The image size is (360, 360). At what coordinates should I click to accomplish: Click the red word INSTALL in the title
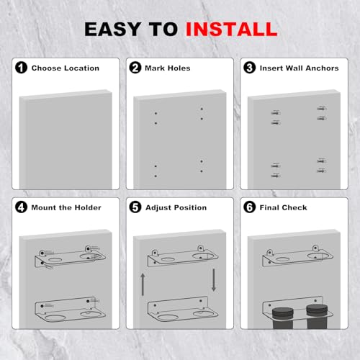[x=232, y=30]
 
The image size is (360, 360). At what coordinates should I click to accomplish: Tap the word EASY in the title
[x=113, y=30]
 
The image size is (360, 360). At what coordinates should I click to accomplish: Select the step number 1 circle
[x=21, y=68]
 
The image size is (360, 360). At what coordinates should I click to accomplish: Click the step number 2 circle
[x=135, y=68]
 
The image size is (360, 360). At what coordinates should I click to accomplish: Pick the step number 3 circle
[x=250, y=68]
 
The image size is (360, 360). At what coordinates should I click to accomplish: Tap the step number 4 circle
[x=21, y=207]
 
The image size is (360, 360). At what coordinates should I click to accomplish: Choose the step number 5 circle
[x=135, y=207]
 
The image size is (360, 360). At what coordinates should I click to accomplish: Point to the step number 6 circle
[x=250, y=207]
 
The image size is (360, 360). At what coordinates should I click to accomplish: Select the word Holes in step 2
[x=179, y=68]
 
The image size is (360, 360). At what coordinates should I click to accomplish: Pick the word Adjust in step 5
[x=157, y=208]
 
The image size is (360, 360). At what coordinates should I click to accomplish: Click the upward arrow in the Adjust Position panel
[x=143, y=284]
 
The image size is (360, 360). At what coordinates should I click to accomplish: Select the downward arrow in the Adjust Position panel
[x=214, y=280]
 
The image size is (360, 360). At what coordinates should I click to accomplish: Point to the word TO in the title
[x=163, y=30]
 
